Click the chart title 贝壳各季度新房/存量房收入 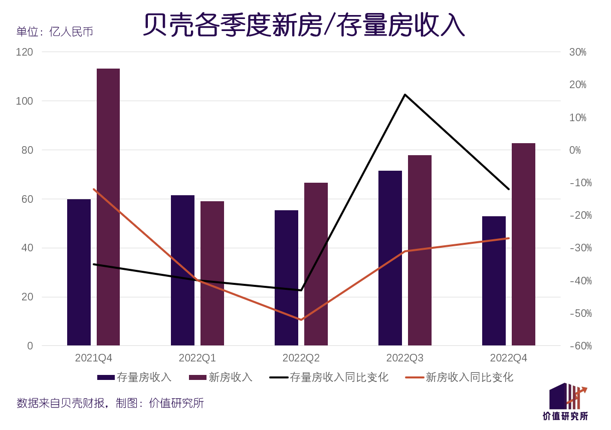click(x=304, y=25)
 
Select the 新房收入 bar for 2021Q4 click(x=108, y=207)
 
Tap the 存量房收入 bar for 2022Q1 click(x=182, y=270)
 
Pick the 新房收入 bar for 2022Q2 click(x=316, y=264)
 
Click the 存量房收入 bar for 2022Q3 click(x=390, y=258)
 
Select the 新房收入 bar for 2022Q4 click(x=523, y=244)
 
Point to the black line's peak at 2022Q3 click(x=404, y=95)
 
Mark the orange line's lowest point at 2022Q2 click(x=301, y=319)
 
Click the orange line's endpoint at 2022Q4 click(x=508, y=238)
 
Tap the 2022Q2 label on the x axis click(x=301, y=358)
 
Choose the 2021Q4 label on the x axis click(x=94, y=358)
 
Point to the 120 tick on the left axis click(x=25, y=52)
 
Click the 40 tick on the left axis click(x=27, y=248)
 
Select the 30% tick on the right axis click(x=577, y=52)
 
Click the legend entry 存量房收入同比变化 click(x=339, y=377)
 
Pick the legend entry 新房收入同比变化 click(x=469, y=377)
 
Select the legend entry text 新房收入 click(x=230, y=377)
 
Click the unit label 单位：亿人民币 click(x=55, y=32)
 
